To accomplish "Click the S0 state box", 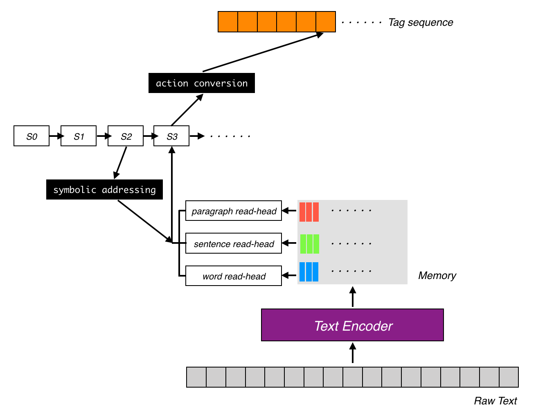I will tap(32, 136).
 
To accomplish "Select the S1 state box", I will tap(79, 136).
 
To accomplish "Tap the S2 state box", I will tap(126, 136).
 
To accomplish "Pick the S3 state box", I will tap(171, 136).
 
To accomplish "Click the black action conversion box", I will tap(202, 83).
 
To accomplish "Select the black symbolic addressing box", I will tap(104, 190).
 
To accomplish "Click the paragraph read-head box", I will tap(234, 211).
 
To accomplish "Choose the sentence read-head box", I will tap(234, 244).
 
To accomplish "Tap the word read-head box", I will tap(234, 276).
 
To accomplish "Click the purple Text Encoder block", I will tap(352, 325).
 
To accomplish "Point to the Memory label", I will tap(437, 276).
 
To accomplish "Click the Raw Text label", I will tap(495, 401).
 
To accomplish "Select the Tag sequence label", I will tap(421, 23).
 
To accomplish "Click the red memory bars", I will tap(309, 212).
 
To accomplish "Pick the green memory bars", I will tap(309, 244).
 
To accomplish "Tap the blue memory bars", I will tap(309, 272).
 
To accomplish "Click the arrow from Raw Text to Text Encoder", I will tap(353, 353).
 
